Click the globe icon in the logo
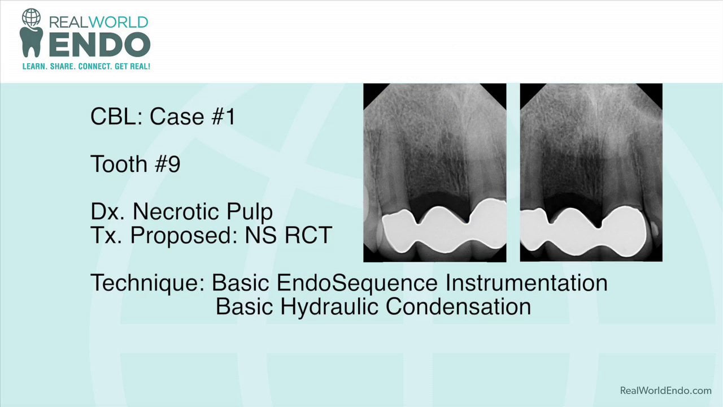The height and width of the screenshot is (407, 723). click(x=31, y=18)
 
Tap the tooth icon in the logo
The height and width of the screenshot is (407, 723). click(x=31, y=42)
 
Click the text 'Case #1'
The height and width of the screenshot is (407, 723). click(x=193, y=116)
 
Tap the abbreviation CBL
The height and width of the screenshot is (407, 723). click(x=116, y=116)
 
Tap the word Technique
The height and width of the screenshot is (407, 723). click(x=147, y=283)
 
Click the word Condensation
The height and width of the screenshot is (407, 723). click(x=458, y=306)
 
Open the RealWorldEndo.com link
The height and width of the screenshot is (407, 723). click(x=665, y=391)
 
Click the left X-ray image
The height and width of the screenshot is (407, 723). click(x=434, y=172)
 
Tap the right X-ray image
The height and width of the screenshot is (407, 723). click(x=591, y=172)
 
